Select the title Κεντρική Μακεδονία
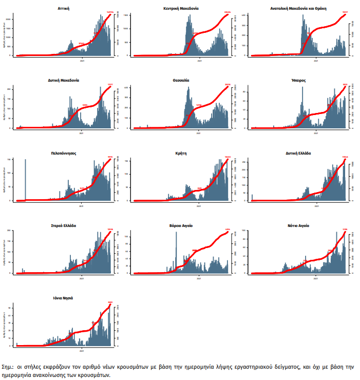[x=182, y=9]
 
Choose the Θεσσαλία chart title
[x=182, y=81]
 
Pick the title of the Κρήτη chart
[x=182, y=153]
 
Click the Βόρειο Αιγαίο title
[x=182, y=225]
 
